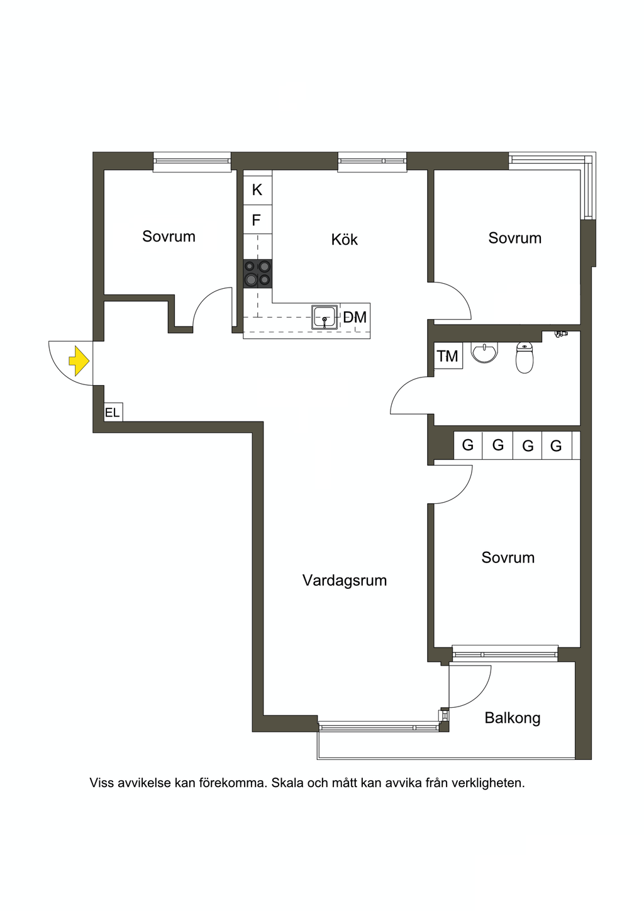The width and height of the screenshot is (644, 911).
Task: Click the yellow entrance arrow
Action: pyautogui.click(x=79, y=360)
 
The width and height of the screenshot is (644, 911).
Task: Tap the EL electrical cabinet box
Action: pyautogui.click(x=113, y=412)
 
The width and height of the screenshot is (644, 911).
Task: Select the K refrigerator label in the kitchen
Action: pyautogui.click(x=257, y=190)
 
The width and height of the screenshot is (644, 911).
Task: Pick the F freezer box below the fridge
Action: pyautogui.click(x=258, y=220)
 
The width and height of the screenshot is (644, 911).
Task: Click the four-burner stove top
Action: pyautogui.click(x=258, y=274)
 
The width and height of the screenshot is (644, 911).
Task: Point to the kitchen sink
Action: pyautogui.click(x=325, y=317)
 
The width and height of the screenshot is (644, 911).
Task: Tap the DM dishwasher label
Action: pyautogui.click(x=355, y=317)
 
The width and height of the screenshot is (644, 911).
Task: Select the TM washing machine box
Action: pyautogui.click(x=448, y=356)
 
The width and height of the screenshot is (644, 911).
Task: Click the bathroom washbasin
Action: pyautogui.click(x=484, y=352)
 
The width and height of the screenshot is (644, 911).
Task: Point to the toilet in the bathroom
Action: pyautogui.click(x=525, y=357)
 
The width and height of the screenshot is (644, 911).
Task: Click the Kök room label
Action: pyautogui.click(x=345, y=240)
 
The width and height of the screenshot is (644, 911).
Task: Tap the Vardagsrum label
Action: pyautogui.click(x=345, y=580)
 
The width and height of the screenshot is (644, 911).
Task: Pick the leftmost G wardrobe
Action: pyautogui.click(x=468, y=445)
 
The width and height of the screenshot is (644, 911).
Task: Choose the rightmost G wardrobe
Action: pyautogui.click(x=556, y=445)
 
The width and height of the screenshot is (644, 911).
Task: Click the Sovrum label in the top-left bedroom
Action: pyautogui.click(x=169, y=237)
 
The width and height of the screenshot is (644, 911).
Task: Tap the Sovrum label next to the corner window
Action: pyautogui.click(x=514, y=238)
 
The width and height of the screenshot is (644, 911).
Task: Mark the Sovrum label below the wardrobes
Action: pyautogui.click(x=508, y=557)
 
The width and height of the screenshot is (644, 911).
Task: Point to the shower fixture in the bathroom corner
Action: pyautogui.click(x=561, y=334)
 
